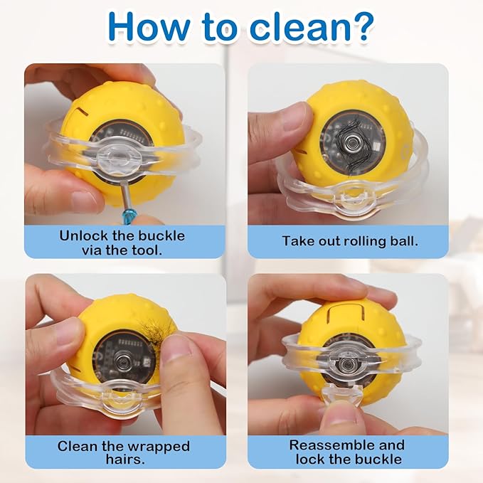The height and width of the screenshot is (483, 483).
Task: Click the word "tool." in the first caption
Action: pyautogui.click(x=147, y=250)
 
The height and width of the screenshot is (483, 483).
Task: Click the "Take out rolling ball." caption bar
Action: pyautogui.click(x=348, y=241)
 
